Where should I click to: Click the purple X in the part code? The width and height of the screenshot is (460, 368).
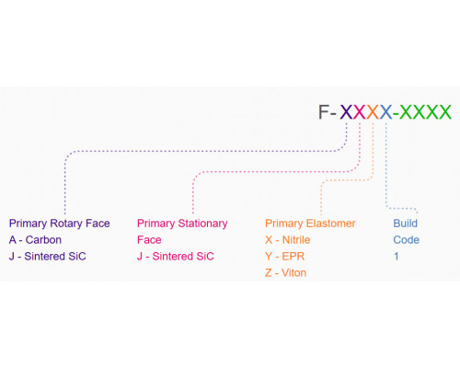[x=347, y=112]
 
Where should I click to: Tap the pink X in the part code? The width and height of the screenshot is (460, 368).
[x=360, y=112]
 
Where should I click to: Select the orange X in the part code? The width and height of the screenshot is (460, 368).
[x=373, y=112]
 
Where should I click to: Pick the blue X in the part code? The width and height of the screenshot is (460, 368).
[x=385, y=112]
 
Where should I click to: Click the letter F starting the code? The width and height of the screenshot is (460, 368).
[x=324, y=112]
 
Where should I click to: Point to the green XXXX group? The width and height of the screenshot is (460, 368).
[x=425, y=112]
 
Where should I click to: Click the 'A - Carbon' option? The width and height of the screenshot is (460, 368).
[x=35, y=240]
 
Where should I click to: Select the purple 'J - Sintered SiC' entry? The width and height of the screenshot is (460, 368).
[x=48, y=257]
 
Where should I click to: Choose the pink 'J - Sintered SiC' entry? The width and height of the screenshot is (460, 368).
[x=176, y=257]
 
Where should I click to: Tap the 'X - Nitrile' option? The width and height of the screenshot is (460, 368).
[x=288, y=240]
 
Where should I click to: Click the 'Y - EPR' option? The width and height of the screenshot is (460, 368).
[x=285, y=257]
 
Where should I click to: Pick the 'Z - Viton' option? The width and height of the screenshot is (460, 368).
[x=286, y=273]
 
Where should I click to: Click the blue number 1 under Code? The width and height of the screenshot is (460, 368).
[x=397, y=257]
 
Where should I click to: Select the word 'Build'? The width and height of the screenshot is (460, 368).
[x=406, y=224]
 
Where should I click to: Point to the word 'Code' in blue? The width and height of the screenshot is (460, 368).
[x=407, y=240]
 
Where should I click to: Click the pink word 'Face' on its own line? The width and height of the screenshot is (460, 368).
[x=149, y=240]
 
